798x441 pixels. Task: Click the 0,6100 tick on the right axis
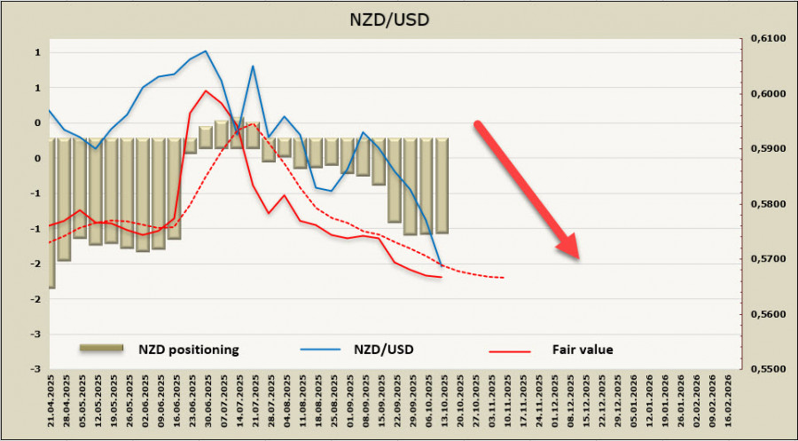[768, 39]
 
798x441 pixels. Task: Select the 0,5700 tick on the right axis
[768, 259]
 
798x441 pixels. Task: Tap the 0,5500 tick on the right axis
[768, 368]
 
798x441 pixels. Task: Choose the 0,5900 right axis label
[768, 149]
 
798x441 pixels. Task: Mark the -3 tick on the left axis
[38, 368]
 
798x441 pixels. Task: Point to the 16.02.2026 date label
[729, 402]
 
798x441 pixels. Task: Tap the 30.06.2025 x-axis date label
[207, 402]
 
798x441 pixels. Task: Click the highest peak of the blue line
[206, 51]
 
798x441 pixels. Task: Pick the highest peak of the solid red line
[206, 91]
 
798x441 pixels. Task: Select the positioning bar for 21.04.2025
[51, 213]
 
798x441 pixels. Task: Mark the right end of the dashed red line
[505, 278]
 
